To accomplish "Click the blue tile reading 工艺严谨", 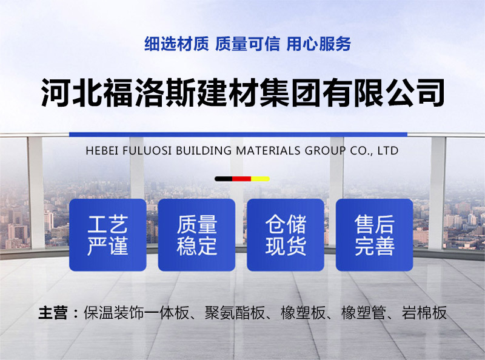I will coord(108,235).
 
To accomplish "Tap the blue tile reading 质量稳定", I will coord(196,235).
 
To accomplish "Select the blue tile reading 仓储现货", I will coord(286,235).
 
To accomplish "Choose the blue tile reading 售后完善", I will coord(374,235).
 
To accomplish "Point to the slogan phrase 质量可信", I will coord(247,44).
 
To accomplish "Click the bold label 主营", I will coord(53,313).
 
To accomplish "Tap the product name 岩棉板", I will coord(424,313).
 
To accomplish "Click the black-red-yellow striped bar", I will coord(242,179).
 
